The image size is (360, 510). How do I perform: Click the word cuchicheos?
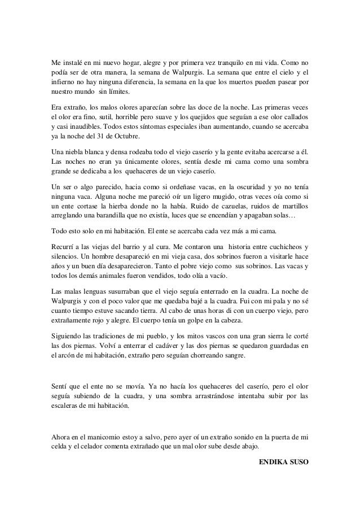tap(280, 246)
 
